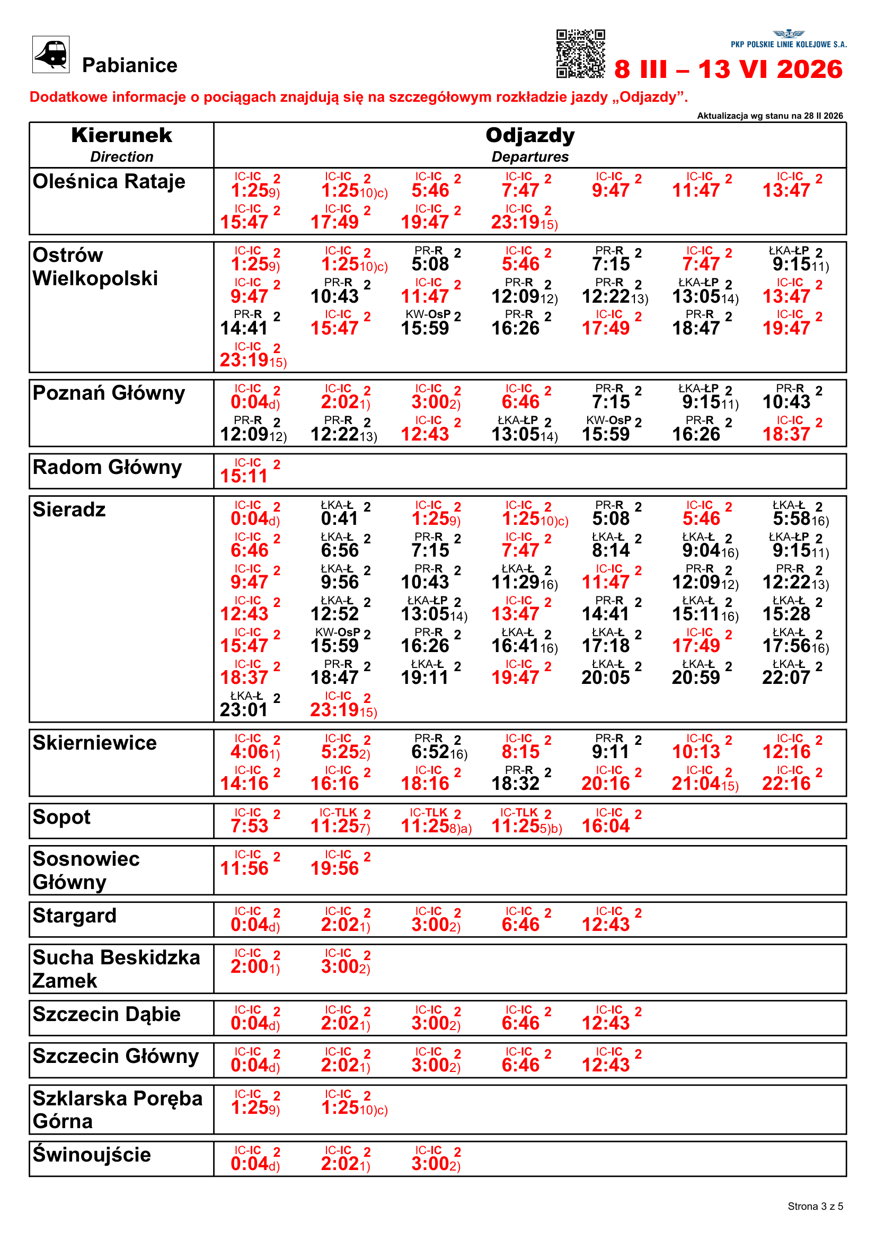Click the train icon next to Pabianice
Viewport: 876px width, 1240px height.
click(51, 54)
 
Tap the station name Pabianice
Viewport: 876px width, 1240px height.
click(129, 65)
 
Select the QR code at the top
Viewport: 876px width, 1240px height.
click(580, 54)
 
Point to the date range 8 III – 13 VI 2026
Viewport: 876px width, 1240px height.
click(728, 69)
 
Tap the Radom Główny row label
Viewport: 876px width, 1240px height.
click(108, 467)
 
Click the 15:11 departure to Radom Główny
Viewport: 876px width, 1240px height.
click(244, 476)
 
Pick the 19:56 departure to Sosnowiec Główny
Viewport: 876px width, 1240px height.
click(334, 868)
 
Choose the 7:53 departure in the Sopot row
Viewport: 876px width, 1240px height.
click(250, 825)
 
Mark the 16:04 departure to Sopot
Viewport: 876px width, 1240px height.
click(606, 825)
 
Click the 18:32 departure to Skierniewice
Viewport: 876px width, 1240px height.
click(515, 783)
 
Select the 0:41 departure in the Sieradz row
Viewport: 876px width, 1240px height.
click(340, 518)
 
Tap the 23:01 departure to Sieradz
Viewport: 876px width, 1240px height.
click(244, 709)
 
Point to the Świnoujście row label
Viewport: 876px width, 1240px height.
click(92, 1155)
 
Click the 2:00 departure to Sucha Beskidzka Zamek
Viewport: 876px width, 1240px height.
click(250, 966)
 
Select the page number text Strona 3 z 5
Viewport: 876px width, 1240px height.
click(815, 1206)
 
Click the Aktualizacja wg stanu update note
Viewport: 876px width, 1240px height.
click(769, 116)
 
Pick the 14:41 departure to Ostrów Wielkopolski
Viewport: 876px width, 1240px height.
click(244, 328)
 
